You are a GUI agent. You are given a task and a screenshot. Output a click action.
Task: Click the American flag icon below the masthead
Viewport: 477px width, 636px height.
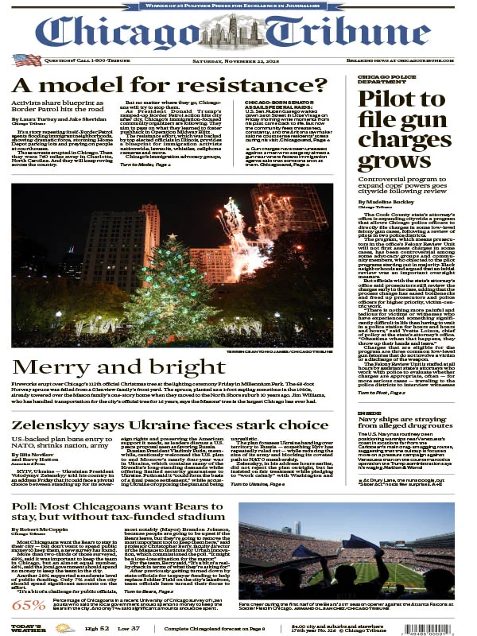pyautogui.click(x=27, y=60)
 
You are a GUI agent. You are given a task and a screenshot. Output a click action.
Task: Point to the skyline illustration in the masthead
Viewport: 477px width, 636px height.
pyautogui.click(x=237, y=32)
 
